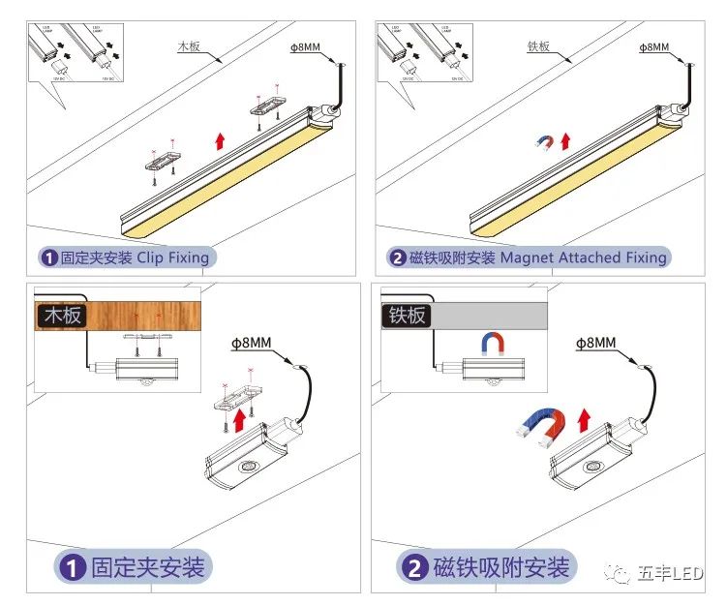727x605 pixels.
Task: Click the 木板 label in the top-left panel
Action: click(189, 45)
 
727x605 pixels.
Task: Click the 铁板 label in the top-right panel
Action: click(538, 45)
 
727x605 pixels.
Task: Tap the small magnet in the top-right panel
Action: click(545, 144)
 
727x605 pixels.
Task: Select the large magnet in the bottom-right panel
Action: click(542, 426)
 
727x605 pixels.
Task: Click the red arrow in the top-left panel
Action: click(222, 140)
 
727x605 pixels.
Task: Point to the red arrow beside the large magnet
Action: click(584, 421)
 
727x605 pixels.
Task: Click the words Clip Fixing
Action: click(172, 257)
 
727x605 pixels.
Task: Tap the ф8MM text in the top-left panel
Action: click(305, 46)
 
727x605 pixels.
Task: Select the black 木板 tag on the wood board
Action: click(62, 315)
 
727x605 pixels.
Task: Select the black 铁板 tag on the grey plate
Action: click(408, 315)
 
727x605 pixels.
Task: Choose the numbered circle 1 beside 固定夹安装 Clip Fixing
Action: click(48, 258)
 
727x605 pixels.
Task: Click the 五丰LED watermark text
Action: click(670, 574)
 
